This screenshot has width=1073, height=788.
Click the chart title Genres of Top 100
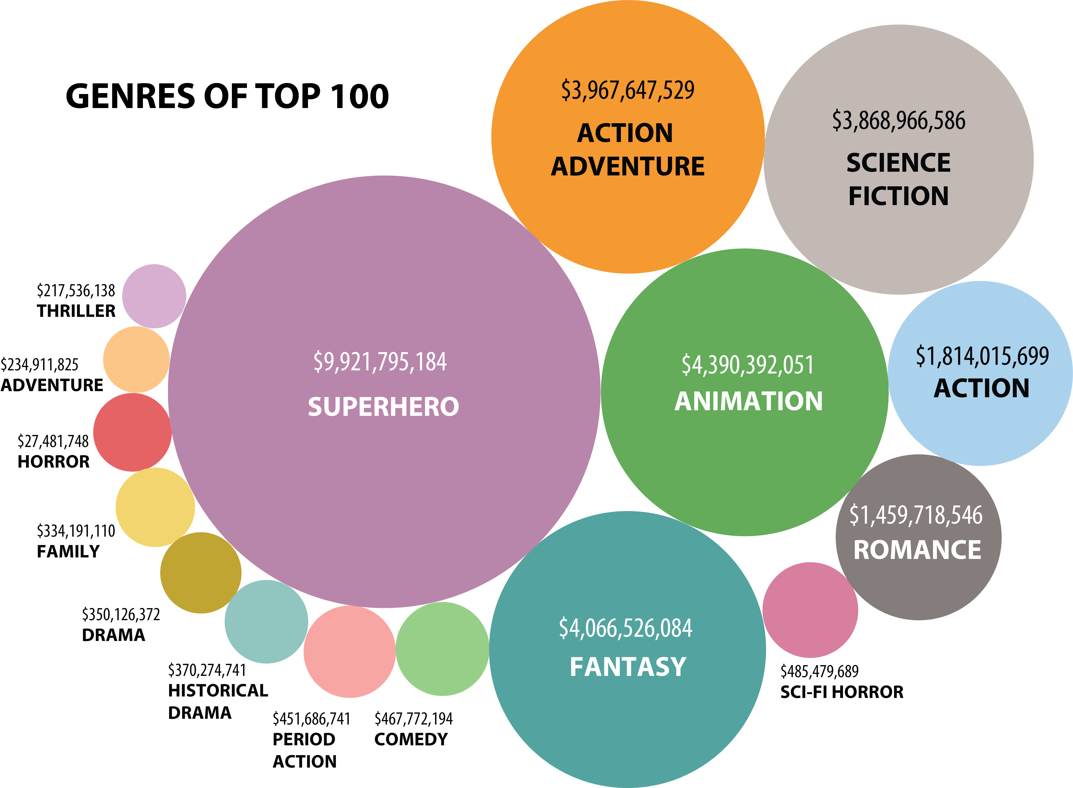[227, 96]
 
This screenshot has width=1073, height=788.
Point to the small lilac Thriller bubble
[154, 296]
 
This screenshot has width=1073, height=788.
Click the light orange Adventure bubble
[136, 360]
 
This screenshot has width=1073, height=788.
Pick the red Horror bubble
[132, 432]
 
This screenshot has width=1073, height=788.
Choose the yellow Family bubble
[155, 507]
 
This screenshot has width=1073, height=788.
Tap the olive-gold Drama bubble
[201, 573]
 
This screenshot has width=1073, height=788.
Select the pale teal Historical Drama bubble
[266, 621]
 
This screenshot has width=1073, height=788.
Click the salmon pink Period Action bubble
[350, 652]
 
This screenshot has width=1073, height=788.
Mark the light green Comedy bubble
[442, 649]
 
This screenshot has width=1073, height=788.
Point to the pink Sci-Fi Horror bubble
[810, 610]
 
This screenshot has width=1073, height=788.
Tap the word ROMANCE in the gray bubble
[917, 550]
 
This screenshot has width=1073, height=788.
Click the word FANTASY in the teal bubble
[628, 667]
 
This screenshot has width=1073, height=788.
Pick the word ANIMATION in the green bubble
[748, 401]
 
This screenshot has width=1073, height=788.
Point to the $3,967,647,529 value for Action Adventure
[627, 91]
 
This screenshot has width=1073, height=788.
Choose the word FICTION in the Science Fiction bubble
[898, 196]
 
